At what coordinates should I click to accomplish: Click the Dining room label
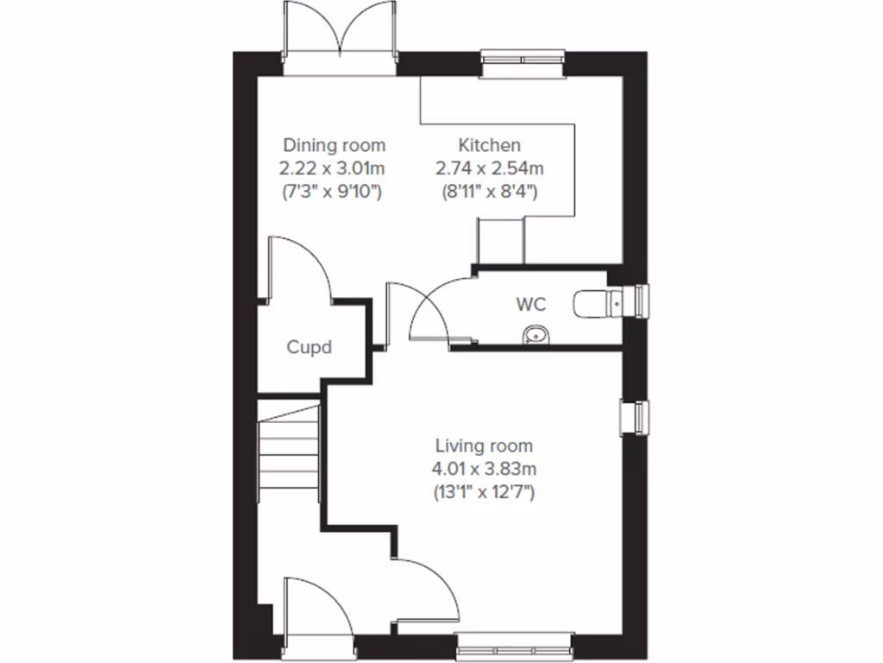point(335,144)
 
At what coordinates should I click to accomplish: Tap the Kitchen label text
point(489,144)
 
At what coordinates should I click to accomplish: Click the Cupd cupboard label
point(310,348)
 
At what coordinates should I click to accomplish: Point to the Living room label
point(484,446)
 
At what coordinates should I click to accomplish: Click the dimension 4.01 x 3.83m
point(484,470)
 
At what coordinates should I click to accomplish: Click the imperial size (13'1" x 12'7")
point(484,493)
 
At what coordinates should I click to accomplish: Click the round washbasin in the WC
point(534,334)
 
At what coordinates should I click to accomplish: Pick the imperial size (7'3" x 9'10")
point(335,191)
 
